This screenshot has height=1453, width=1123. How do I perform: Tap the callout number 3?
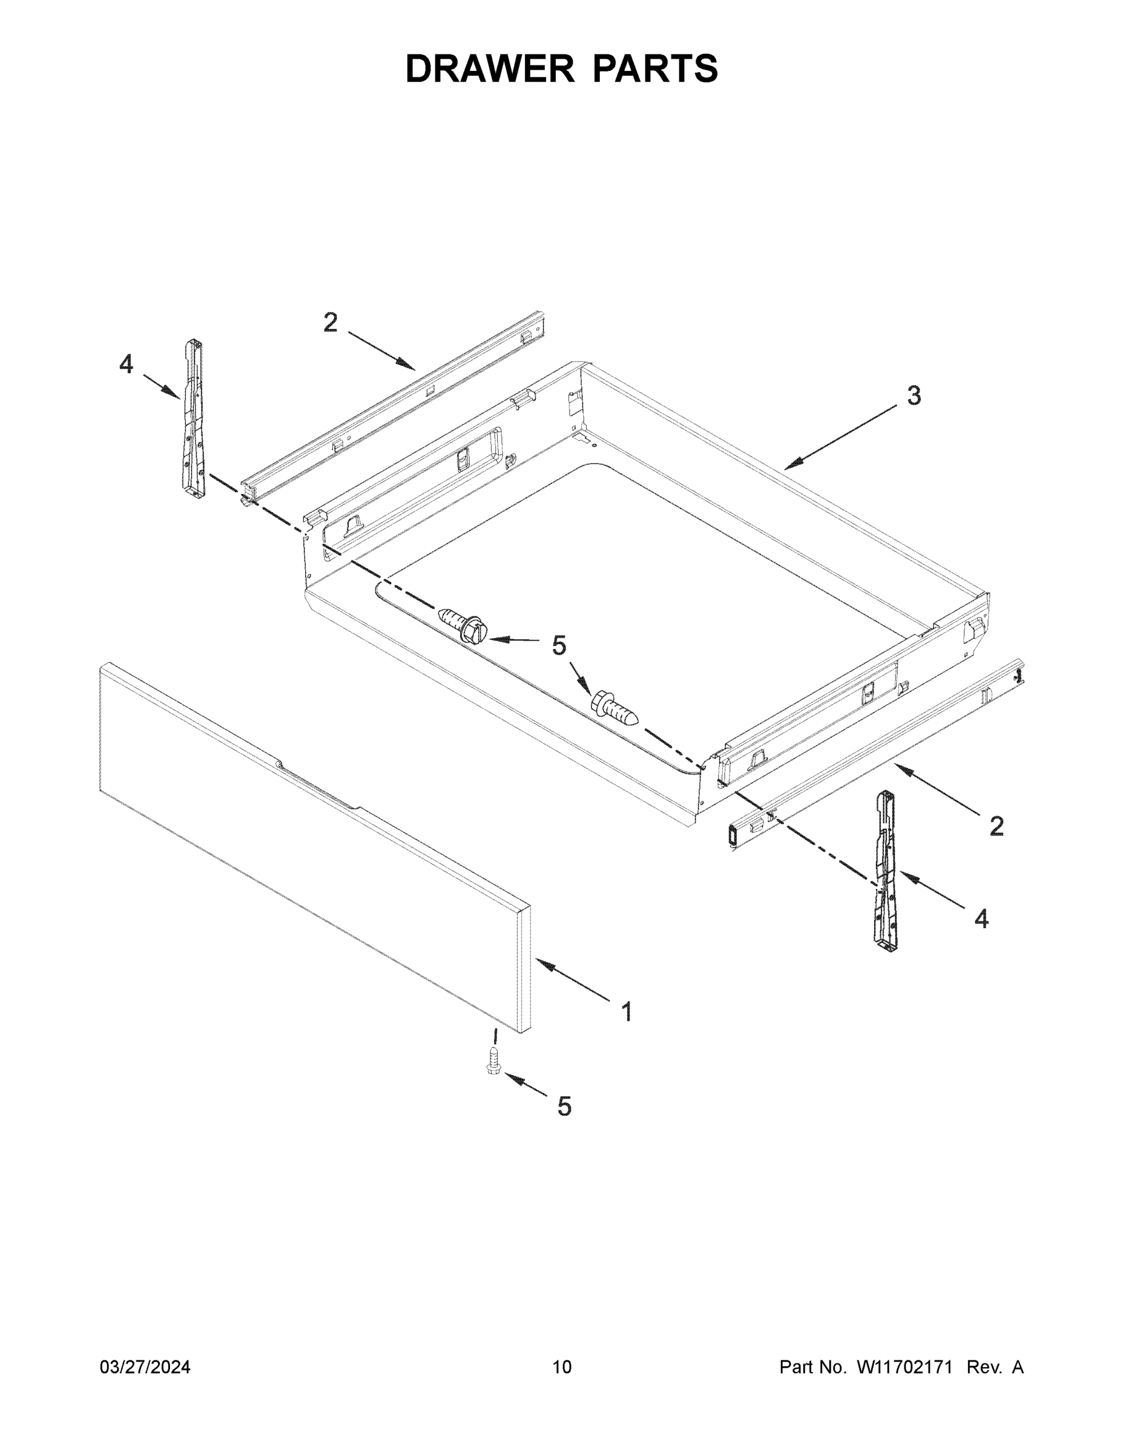914,395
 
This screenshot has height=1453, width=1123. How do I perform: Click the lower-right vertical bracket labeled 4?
886,872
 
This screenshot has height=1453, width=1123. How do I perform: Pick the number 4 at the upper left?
126,364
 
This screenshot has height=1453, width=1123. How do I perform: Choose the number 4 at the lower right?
981,920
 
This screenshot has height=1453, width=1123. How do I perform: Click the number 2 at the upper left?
330,323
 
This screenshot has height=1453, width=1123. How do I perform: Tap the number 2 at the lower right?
996,827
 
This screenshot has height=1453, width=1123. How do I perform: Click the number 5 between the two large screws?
559,645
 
